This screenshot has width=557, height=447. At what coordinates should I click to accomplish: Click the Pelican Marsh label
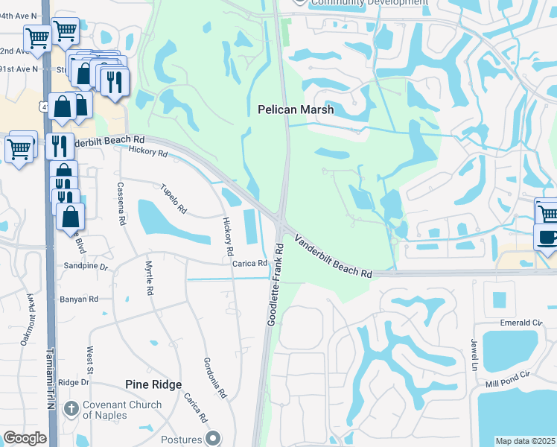coord(296,110)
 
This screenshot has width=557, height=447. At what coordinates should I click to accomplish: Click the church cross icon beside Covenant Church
coord(71,408)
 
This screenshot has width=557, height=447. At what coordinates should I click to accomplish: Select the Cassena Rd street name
coord(121,203)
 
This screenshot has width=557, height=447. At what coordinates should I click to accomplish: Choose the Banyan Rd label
coord(78,299)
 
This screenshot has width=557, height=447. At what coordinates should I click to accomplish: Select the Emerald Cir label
coord(520,323)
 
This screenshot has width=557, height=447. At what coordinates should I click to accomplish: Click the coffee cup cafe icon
coord(547,238)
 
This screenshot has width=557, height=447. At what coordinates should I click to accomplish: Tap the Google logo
coord(25,438)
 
